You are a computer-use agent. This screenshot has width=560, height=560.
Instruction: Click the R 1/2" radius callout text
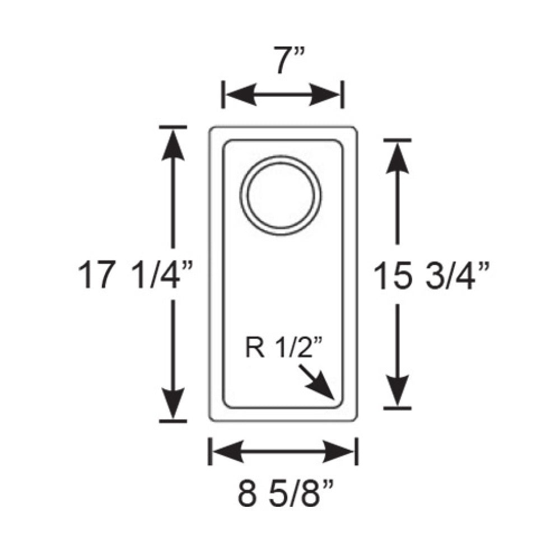click(284, 348)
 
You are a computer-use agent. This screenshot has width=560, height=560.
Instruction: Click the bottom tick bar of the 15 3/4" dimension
click(398, 408)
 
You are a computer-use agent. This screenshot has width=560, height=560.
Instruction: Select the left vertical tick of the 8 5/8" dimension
click(209, 451)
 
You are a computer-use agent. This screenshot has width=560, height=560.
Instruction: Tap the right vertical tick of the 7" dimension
click(342, 94)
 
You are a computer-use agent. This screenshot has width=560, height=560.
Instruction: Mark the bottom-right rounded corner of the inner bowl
click(338, 402)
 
